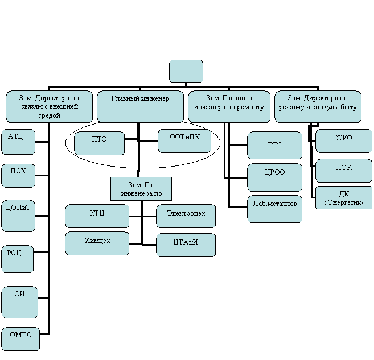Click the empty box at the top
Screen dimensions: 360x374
[x=186, y=71]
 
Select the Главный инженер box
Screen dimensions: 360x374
[x=140, y=106]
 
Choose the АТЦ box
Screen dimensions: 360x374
[x=18, y=142]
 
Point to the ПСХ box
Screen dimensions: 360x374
[x=18, y=176]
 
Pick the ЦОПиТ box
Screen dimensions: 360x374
[x=18, y=216]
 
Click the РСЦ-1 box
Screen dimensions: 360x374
[x=18, y=259]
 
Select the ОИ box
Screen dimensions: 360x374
[x=19, y=302]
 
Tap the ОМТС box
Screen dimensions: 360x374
[x=20, y=339]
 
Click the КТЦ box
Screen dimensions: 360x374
[x=97, y=216]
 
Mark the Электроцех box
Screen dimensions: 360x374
[x=186, y=216]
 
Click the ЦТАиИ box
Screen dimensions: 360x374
[x=186, y=245]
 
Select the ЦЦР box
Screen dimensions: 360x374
[x=274, y=145]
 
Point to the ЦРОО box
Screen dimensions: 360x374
[x=274, y=177]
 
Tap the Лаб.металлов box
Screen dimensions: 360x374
[x=274, y=209]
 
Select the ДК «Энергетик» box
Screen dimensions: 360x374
[x=343, y=197]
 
